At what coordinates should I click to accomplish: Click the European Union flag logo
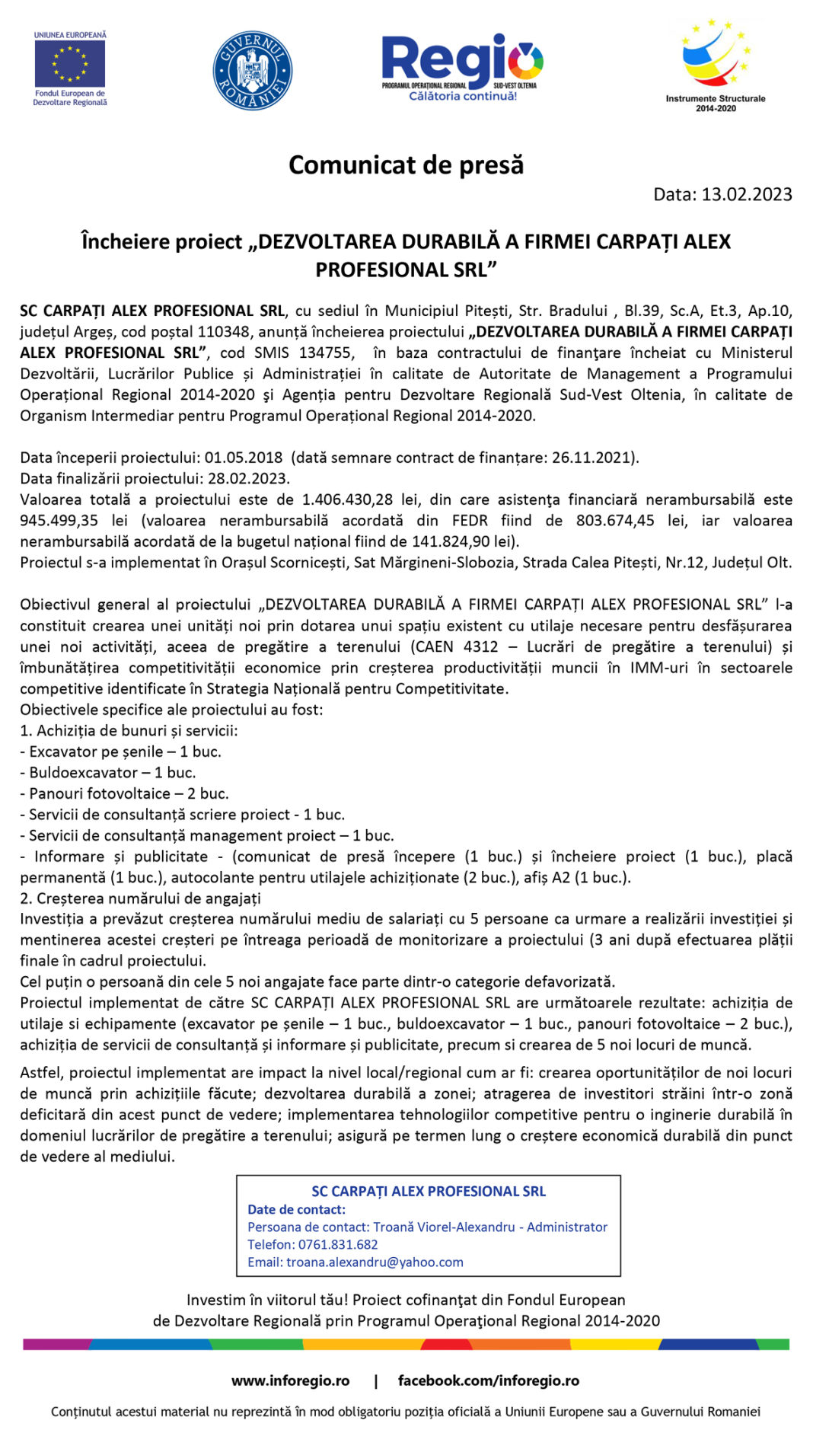69,64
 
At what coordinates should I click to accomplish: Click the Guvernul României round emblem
252,70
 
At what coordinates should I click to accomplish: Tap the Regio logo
462,66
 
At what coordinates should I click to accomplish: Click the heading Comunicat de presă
406,164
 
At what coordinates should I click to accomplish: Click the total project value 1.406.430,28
347,499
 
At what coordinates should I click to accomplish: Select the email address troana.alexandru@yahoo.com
375,1262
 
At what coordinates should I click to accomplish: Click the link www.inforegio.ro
290,1380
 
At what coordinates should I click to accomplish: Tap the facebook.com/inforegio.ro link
488,1380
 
